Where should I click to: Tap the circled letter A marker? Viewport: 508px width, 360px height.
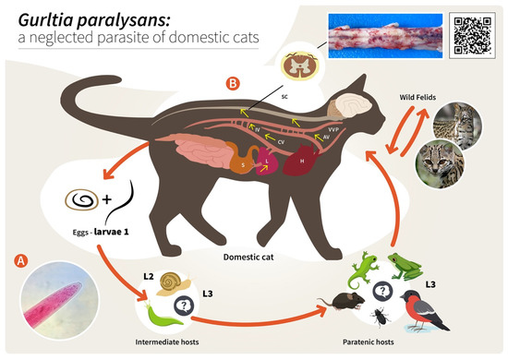20,260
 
